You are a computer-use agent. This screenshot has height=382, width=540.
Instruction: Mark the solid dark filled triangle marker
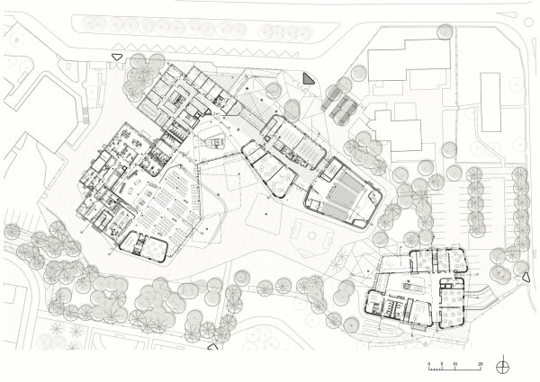[309, 79]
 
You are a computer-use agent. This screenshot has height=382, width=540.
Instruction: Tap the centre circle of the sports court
[311, 236]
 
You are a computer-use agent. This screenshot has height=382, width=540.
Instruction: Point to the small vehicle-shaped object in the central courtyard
[216, 142]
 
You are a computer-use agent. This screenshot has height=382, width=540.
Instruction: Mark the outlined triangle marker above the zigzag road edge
[115, 57]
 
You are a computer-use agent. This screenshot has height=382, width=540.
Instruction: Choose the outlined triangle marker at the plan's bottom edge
[213, 345]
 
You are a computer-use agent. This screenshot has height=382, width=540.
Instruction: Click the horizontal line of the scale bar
[455, 370]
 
